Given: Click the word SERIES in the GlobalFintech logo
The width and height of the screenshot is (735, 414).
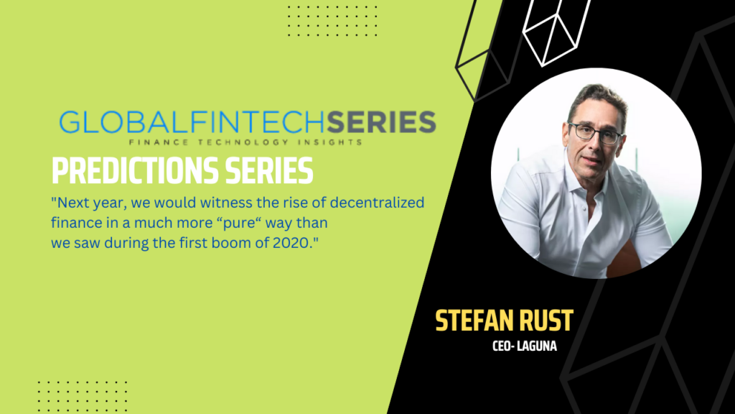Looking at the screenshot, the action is pos(381,122).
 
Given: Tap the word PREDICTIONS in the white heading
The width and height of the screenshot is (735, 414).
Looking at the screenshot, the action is pos(135,170).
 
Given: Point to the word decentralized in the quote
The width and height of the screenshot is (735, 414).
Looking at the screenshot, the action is pos(377,202).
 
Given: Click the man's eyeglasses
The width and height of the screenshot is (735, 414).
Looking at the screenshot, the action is pos(595,133).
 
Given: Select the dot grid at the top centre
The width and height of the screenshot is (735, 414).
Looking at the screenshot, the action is pos(333,21).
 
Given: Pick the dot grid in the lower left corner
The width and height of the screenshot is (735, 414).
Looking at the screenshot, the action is pos(83,397).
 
